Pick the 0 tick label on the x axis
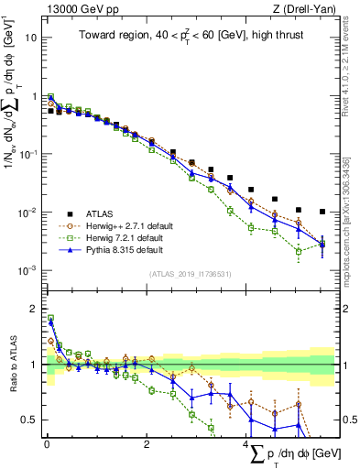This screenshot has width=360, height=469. click(47, 443)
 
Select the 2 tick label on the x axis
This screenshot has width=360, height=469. click(147, 443)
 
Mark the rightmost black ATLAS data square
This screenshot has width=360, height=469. click(322, 212)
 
